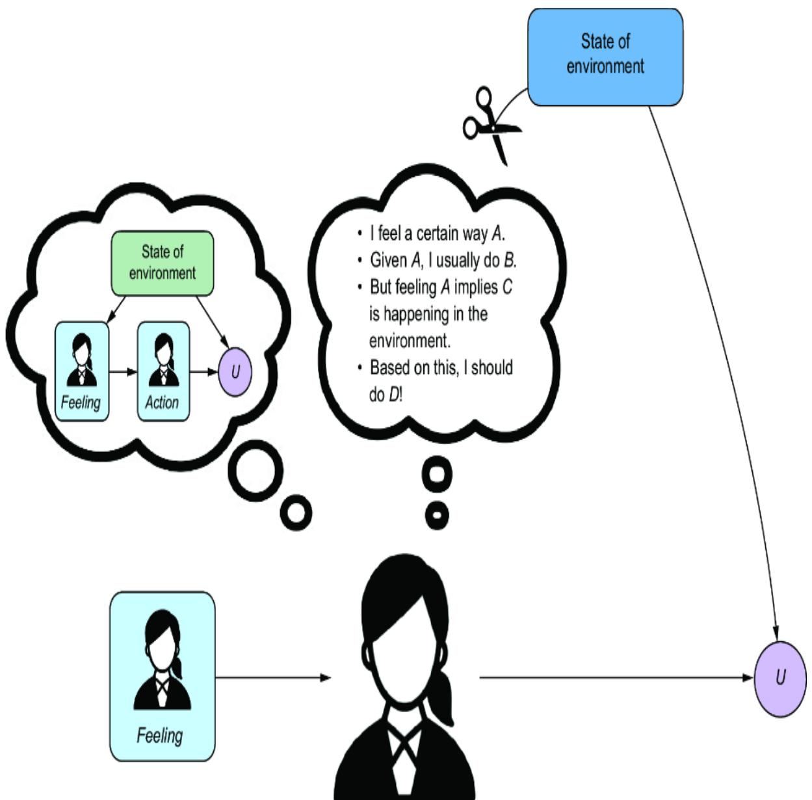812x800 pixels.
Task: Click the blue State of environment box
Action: pos(605,57)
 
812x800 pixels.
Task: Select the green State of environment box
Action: pos(162,263)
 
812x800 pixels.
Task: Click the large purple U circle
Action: pos(779,678)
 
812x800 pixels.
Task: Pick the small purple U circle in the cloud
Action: pos(235,371)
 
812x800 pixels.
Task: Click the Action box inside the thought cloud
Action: pos(163,371)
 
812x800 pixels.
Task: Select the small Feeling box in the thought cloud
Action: pos(81,371)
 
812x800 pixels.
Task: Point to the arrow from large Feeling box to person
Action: pos(273,678)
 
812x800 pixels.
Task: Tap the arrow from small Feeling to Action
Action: pos(123,372)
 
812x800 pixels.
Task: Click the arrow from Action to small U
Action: pos(204,372)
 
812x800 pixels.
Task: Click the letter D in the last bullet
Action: pos(393,395)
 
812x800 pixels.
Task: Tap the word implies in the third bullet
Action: pos(476,287)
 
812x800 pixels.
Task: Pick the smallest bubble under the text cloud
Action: pos(436,516)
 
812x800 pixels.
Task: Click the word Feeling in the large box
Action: pos(159,736)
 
